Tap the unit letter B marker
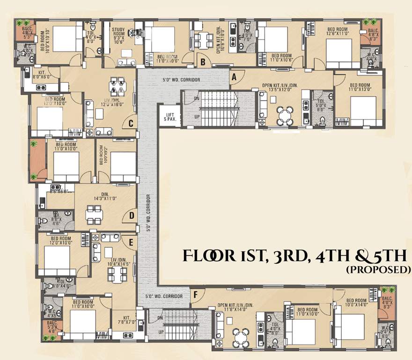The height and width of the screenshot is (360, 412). pyautogui.click(x=203, y=61)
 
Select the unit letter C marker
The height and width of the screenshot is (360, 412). pyautogui.click(x=132, y=124)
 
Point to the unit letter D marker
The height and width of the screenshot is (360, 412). pyautogui.click(x=132, y=216)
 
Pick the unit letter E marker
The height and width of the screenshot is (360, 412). pyautogui.click(x=132, y=243)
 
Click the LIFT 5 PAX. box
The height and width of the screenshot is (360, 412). pyautogui.click(x=167, y=116)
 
